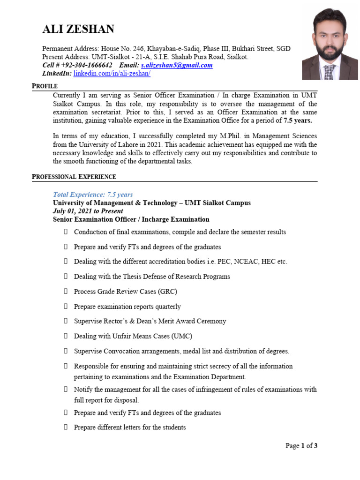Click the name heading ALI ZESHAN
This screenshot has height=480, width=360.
pos(78,30)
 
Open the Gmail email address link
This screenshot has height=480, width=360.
pos(177,65)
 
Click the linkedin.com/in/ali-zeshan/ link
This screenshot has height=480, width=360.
pos(112,74)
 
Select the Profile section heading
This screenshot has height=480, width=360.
pos(45,86)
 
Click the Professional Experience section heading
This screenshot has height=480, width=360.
pos(74,177)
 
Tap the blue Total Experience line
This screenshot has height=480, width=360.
pos(93,195)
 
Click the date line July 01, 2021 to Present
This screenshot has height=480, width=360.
pos(88,211)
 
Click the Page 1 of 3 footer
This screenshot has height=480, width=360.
pos(301,446)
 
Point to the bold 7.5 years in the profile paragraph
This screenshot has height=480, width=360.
pos(298,120)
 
